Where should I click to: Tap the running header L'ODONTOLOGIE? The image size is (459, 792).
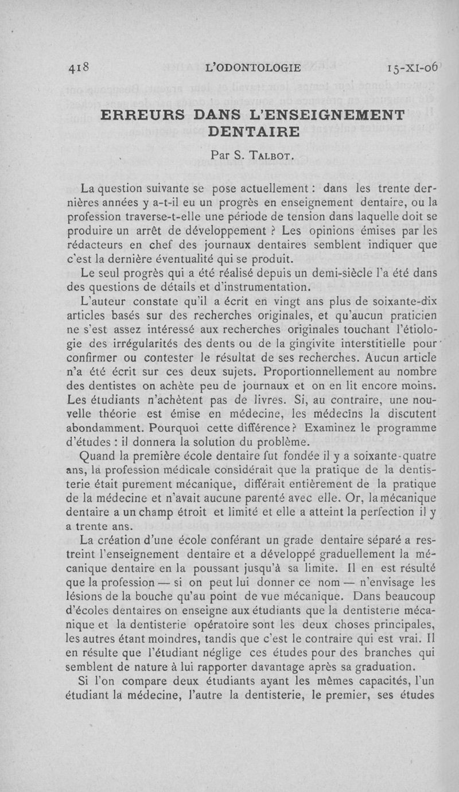coord(252,67)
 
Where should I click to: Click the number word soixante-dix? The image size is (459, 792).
coord(408,299)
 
